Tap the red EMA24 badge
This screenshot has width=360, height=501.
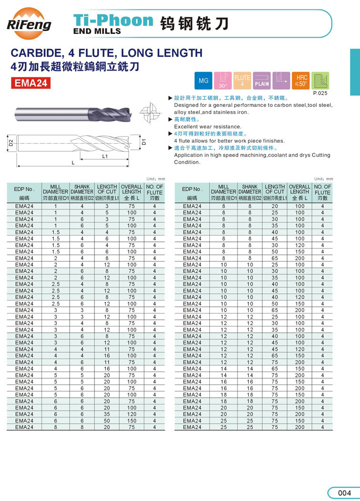pyautogui.click(x=31, y=83)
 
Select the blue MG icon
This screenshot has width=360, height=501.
pyautogui.click(x=204, y=81)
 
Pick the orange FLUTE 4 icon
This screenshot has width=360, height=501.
pyautogui.click(x=242, y=81)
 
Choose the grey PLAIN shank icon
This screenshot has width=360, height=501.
pyautogui.click(x=262, y=81)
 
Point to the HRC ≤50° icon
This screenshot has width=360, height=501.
pyautogui.click(x=301, y=81)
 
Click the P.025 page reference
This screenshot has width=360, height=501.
pyautogui.click(x=320, y=94)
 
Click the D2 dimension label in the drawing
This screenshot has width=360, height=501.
pyautogui.click(x=11, y=142)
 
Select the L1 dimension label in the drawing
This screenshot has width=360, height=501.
pyautogui.click(x=105, y=156)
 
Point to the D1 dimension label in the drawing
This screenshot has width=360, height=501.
pyautogui.click(x=144, y=142)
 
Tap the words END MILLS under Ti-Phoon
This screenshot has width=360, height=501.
pyautogui.click(x=97, y=31)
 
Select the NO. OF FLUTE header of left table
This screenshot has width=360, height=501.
pyautogui.click(x=154, y=192)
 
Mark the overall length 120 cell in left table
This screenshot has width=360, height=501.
pyautogui.click(x=132, y=415)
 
